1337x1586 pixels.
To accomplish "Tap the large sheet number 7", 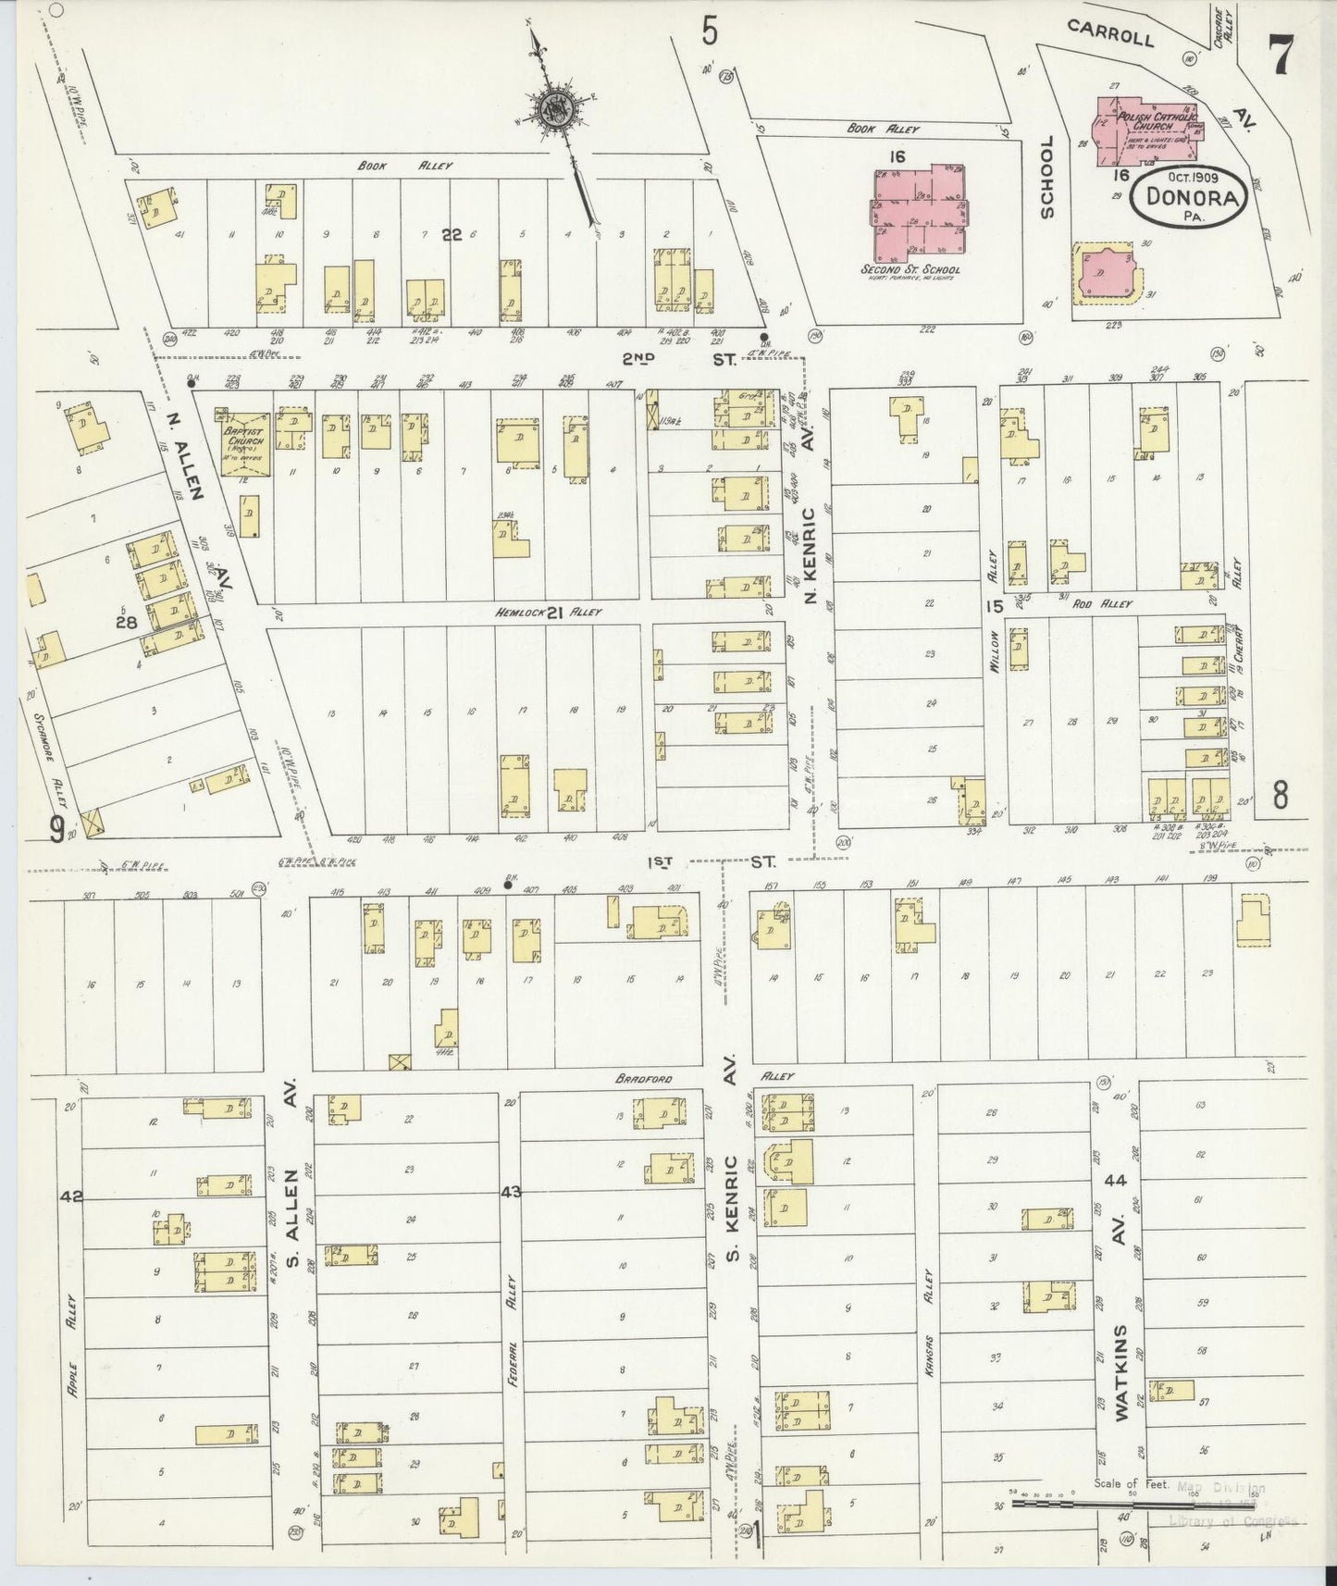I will coord(1281,54).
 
